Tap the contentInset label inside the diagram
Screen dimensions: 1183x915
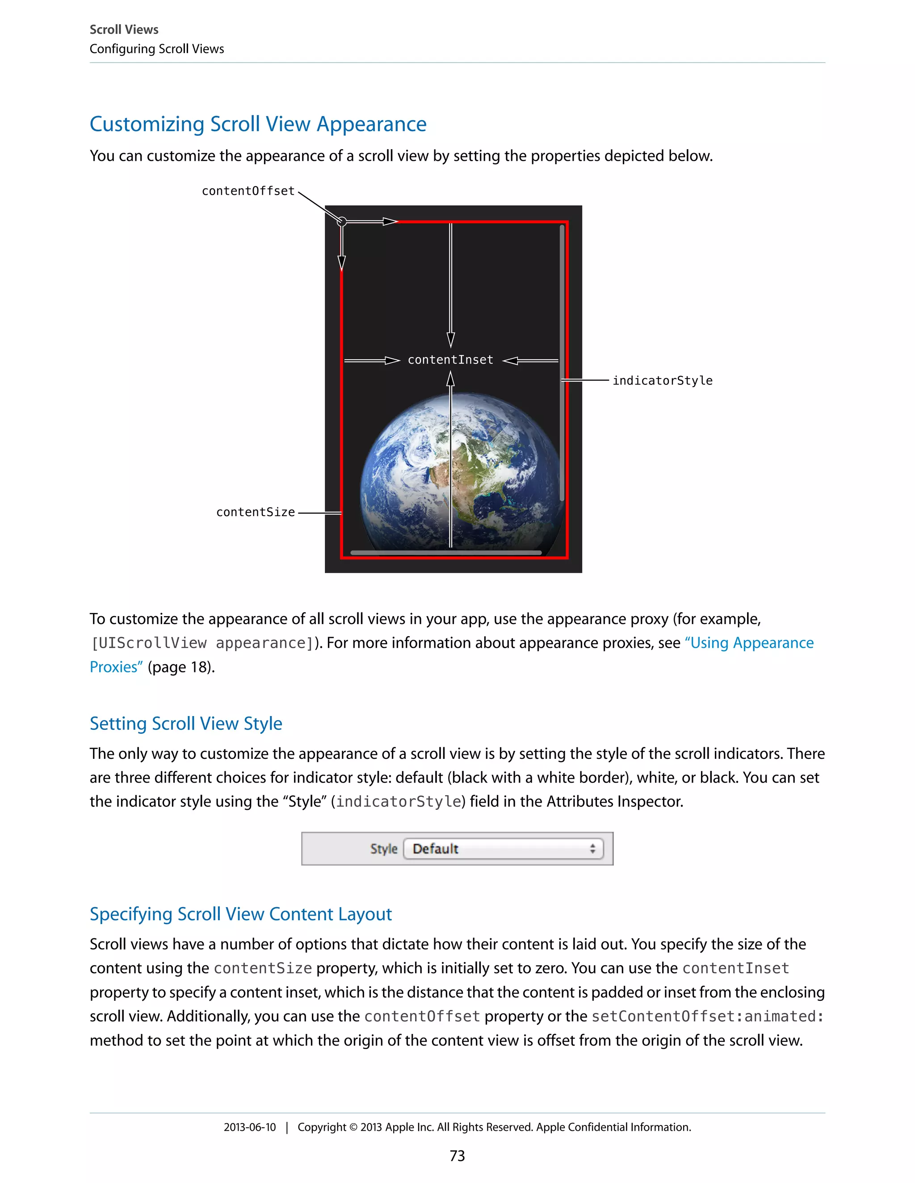click(x=450, y=360)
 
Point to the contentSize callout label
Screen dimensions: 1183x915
click(x=255, y=512)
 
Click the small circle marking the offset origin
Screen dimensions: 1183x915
click(x=341, y=221)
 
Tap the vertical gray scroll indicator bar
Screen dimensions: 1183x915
click(x=562, y=363)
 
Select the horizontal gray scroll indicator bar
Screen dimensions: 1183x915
click(x=445, y=553)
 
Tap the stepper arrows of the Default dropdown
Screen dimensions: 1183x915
click(x=592, y=849)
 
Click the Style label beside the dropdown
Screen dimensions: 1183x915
click(x=384, y=849)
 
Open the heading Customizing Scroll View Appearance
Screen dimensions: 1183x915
click(x=258, y=124)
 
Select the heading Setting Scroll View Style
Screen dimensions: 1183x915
click(x=186, y=724)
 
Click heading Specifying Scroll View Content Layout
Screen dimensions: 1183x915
click(x=241, y=914)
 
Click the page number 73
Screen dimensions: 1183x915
click(x=457, y=1156)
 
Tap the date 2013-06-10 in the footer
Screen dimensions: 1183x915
click(x=249, y=1127)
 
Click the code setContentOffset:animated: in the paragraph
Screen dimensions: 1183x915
click(x=707, y=1016)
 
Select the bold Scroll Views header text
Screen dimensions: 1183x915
click(x=124, y=29)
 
